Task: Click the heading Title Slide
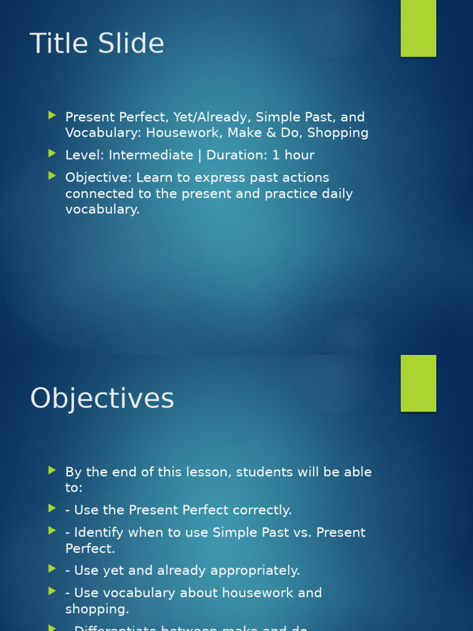tap(97, 44)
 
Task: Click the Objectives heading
tap(102, 399)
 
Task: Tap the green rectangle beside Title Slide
tap(418, 28)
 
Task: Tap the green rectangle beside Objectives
tap(418, 383)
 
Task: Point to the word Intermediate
tap(151, 155)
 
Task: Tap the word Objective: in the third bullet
tap(99, 177)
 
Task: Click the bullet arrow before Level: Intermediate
tap(52, 153)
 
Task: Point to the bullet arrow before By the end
tap(52, 471)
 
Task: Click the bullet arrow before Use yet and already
tap(52, 569)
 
